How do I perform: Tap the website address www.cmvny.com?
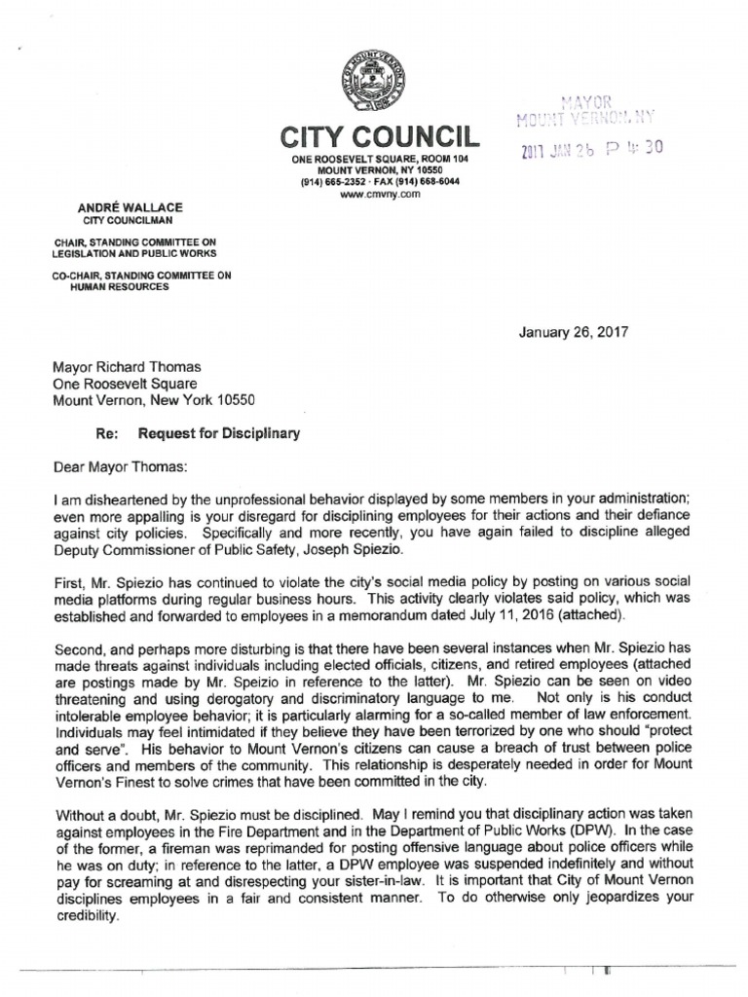373,195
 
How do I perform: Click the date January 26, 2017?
574,331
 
